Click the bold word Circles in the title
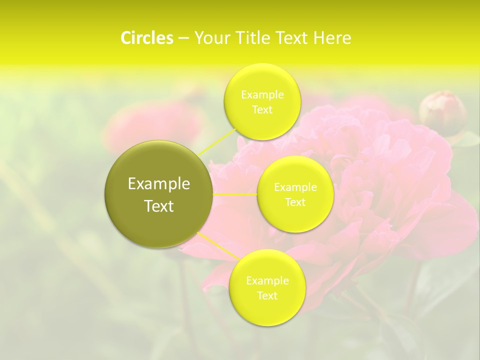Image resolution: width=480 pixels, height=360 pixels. [x=146, y=38]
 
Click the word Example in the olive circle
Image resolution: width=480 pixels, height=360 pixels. [x=159, y=184]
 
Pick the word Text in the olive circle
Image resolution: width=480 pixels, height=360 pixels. [x=159, y=206]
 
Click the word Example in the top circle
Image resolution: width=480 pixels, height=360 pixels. [x=262, y=95]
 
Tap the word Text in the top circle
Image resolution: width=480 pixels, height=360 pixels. [x=262, y=110]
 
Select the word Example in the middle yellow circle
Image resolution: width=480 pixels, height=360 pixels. [x=295, y=187]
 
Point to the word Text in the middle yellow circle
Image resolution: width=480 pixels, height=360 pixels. [x=295, y=202]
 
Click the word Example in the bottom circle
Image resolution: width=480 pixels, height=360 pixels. [x=267, y=281]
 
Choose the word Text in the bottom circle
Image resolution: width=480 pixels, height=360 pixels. [x=267, y=296]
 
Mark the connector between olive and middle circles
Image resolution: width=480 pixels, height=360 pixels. [x=235, y=194]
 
